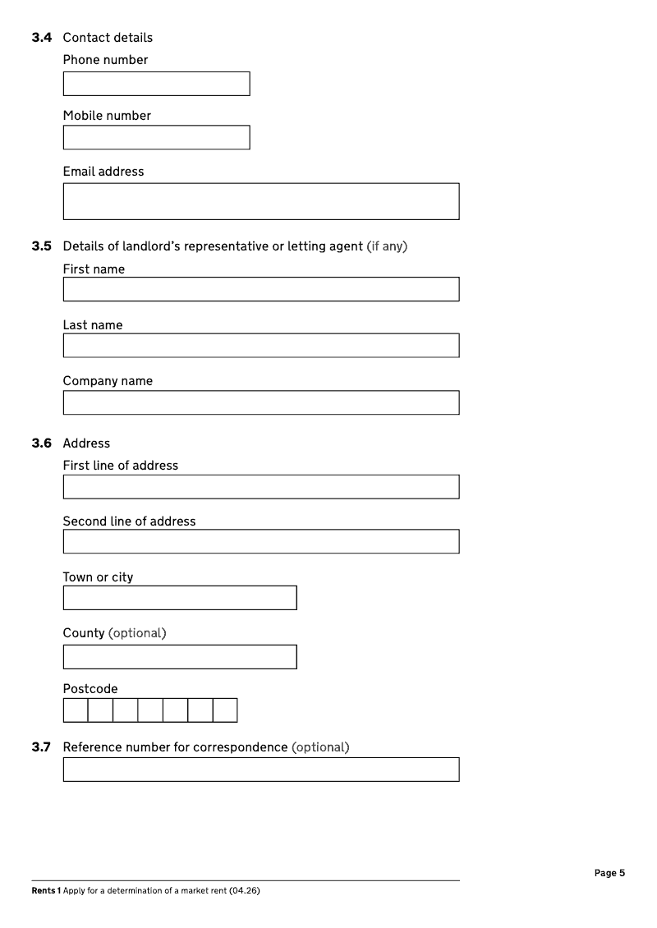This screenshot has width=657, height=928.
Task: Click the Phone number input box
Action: pyautogui.click(x=156, y=84)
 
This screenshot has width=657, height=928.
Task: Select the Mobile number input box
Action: pyautogui.click(x=156, y=137)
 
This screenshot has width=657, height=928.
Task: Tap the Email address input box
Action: pyautogui.click(x=261, y=201)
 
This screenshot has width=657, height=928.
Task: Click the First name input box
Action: pyautogui.click(x=261, y=289)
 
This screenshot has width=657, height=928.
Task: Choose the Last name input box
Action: pyautogui.click(x=261, y=345)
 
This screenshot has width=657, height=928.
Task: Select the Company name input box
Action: pyautogui.click(x=261, y=402)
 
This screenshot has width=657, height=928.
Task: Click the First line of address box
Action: pyautogui.click(x=261, y=486)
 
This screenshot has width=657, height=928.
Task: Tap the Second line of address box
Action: pyautogui.click(x=261, y=541)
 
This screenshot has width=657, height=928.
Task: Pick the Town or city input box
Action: pyautogui.click(x=180, y=598)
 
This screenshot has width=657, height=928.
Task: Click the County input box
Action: pyautogui.click(x=180, y=657)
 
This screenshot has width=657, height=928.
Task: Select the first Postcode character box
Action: pyautogui.click(x=76, y=710)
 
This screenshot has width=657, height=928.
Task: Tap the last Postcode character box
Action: pyautogui.click(x=225, y=710)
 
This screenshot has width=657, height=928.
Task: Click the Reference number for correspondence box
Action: pyautogui.click(x=261, y=770)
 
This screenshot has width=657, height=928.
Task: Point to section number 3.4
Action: pyautogui.click(x=41, y=38)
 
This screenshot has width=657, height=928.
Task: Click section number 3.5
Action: pyautogui.click(x=41, y=246)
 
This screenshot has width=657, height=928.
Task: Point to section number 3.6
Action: pyautogui.click(x=41, y=443)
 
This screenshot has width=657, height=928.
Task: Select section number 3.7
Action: pyautogui.click(x=41, y=747)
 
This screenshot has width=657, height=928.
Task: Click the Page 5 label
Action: pyautogui.click(x=609, y=873)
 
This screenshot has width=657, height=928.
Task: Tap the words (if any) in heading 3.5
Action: pyautogui.click(x=387, y=246)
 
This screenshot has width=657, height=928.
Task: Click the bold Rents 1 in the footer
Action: pyautogui.click(x=45, y=891)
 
